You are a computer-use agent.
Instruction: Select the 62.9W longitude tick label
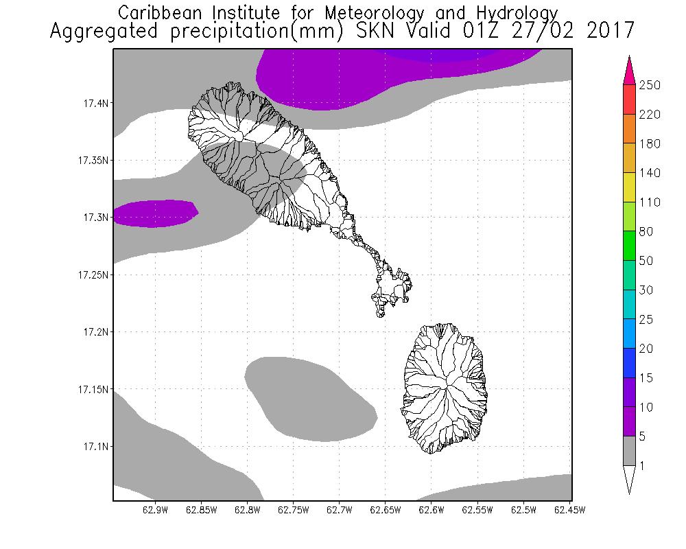pos(155,509)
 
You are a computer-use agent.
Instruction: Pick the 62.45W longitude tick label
pos(567,509)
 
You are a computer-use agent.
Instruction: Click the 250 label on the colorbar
pos(649,85)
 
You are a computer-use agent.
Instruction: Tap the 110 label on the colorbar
pos(649,202)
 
